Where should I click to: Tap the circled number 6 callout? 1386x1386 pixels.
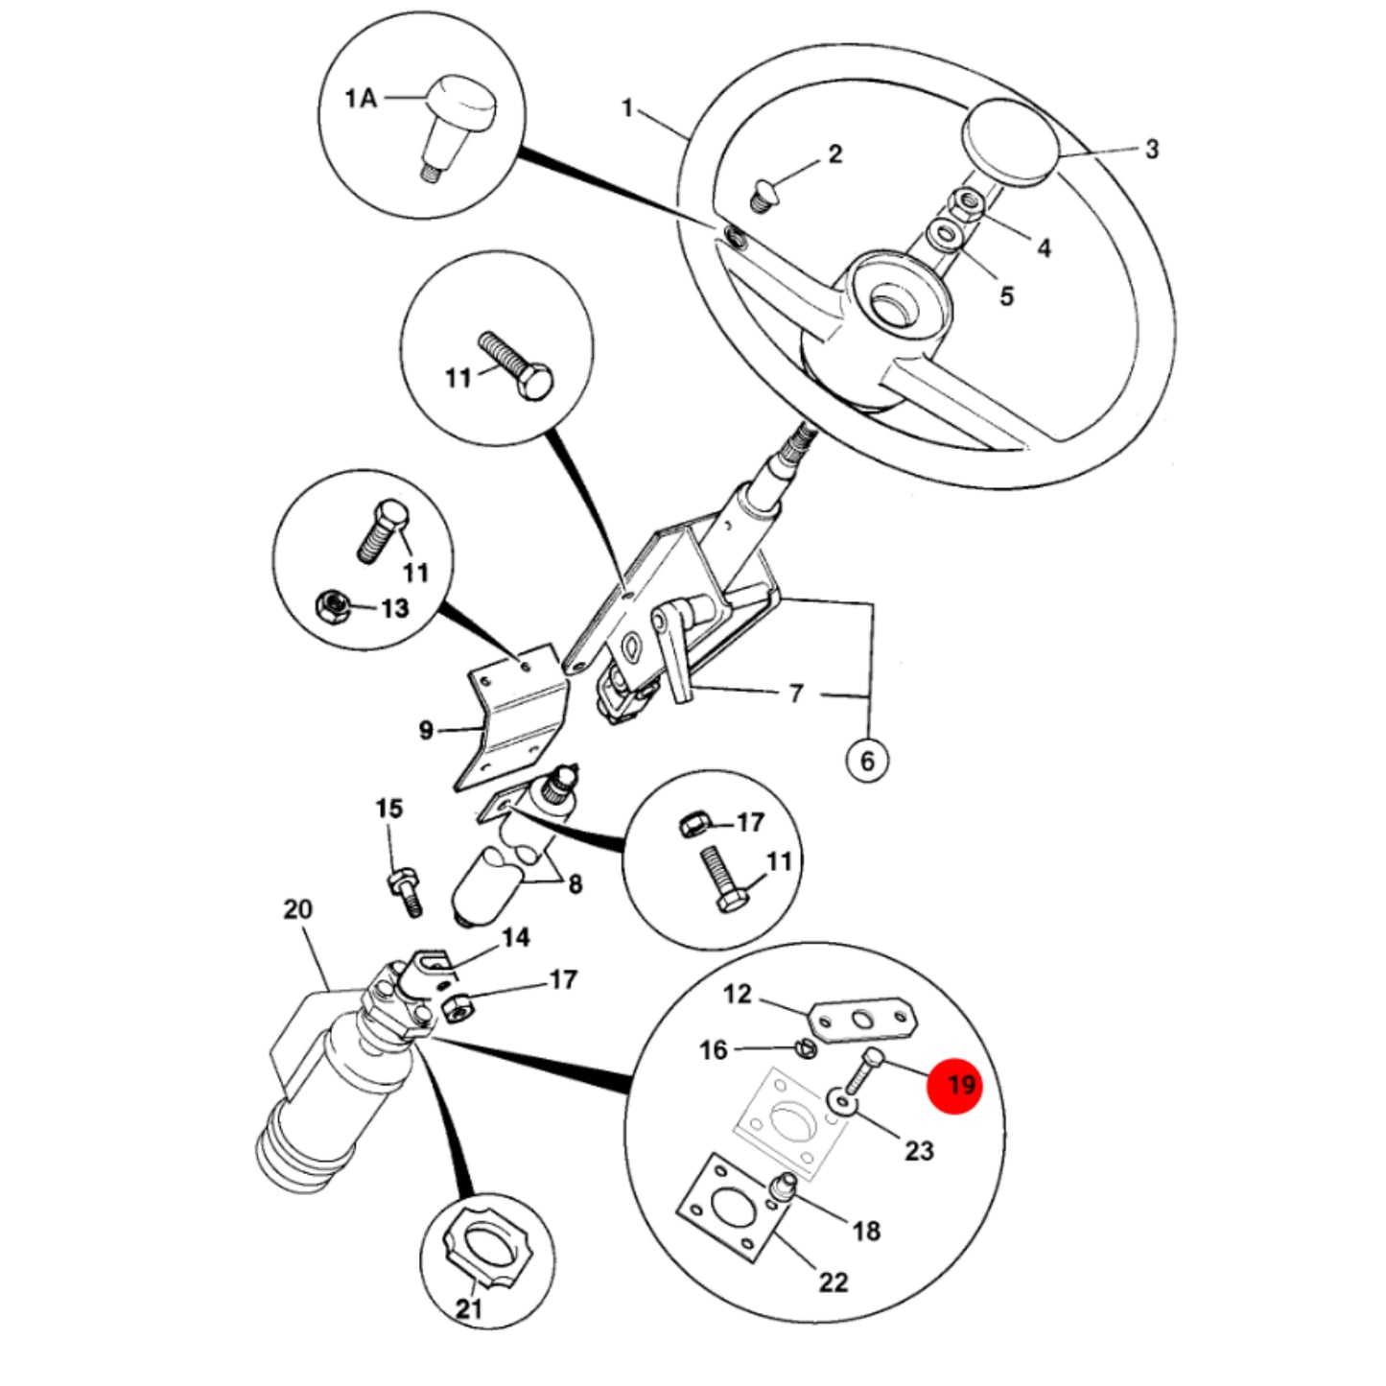point(867,761)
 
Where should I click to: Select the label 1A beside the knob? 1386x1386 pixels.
point(361,98)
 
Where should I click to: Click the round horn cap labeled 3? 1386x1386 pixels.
point(1011,140)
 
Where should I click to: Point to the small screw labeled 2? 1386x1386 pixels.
point(764,196)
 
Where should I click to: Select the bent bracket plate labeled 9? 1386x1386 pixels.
point(515,716)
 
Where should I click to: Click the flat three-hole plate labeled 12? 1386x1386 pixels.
point(863,1020)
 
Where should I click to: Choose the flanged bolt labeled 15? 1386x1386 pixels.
point(406,892)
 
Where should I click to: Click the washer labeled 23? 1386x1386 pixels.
point(840,1101)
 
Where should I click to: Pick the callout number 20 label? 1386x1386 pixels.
point(297,909)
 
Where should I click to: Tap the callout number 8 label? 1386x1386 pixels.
point(575,884)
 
